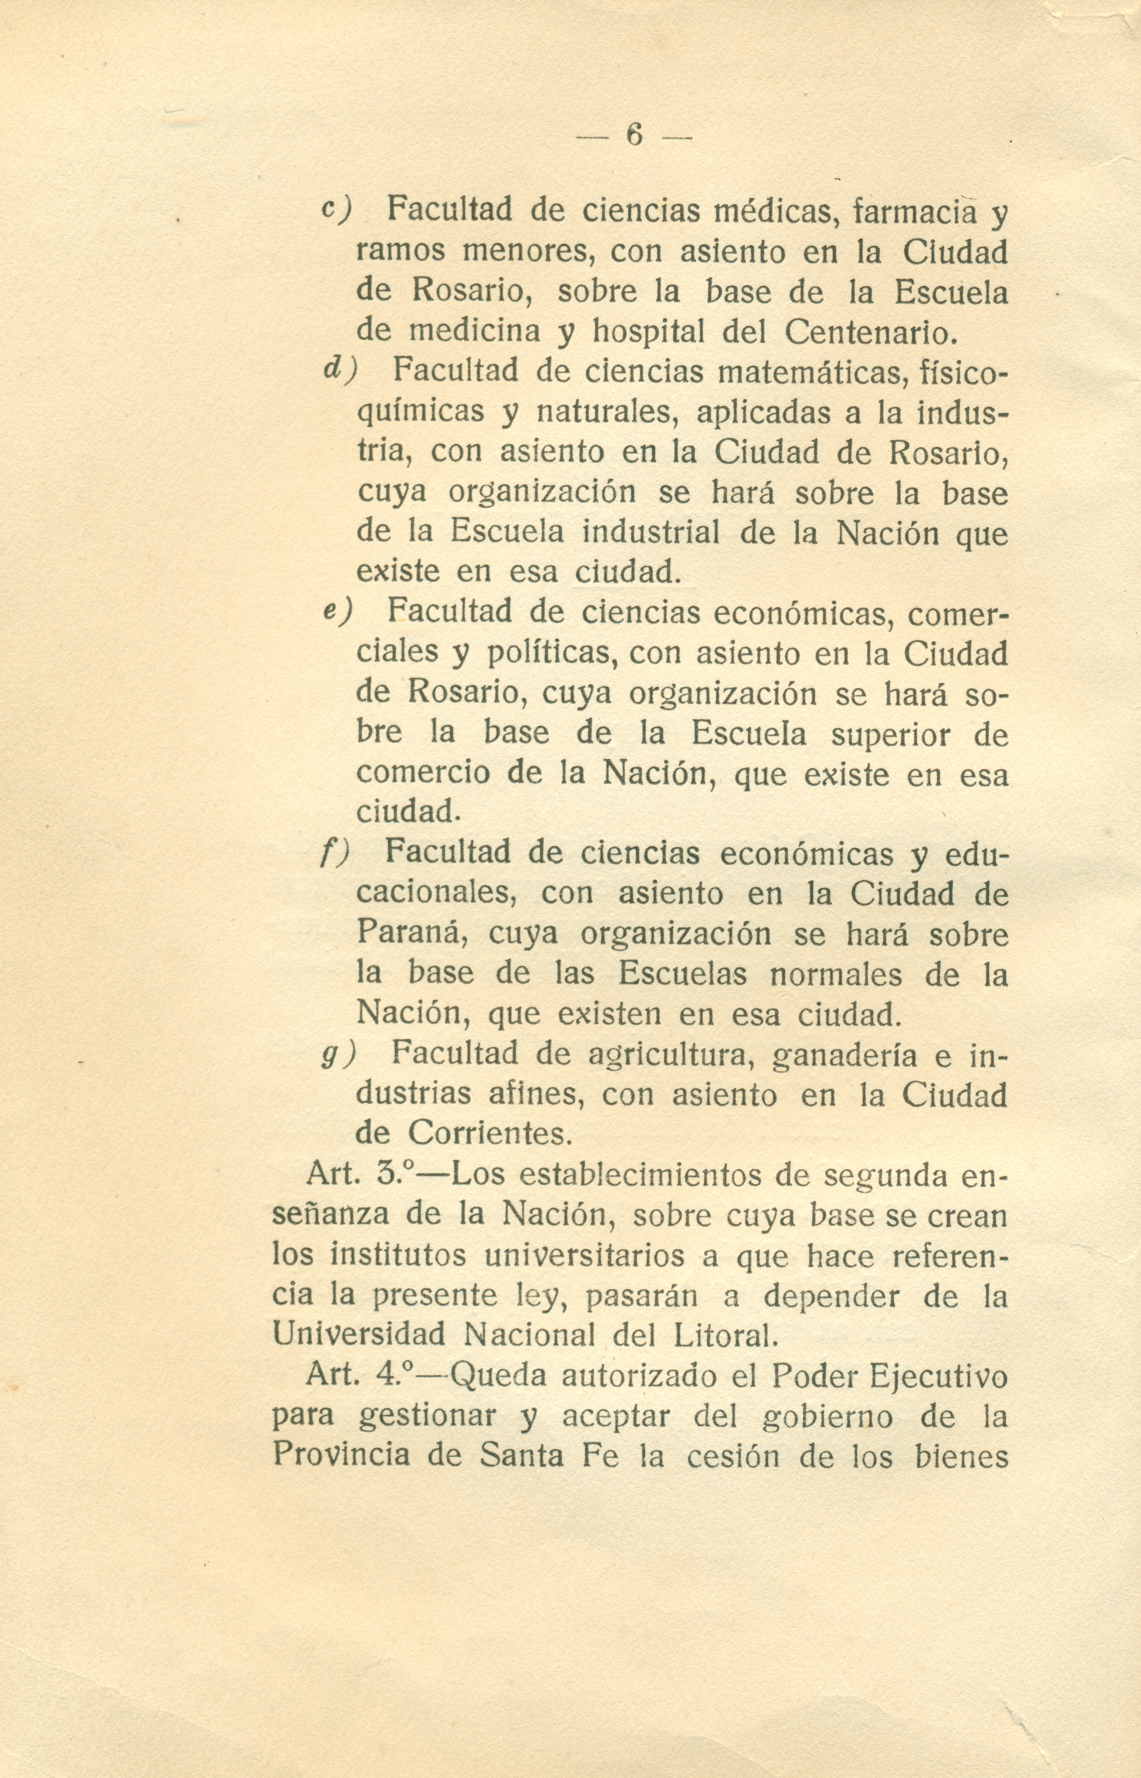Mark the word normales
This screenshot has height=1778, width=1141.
pos(836,974)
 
